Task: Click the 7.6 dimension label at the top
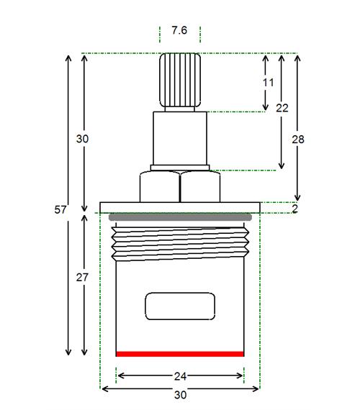[179, 30]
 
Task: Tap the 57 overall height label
[60, 210]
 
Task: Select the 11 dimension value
[268, 83]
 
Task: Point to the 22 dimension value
[282, 108]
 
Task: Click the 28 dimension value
[298, 140]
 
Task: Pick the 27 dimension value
[82, 278]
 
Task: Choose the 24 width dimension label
[180, 376]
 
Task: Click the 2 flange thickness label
[294, 209]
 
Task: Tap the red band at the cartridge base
[180, 354]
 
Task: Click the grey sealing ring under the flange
[180, 217]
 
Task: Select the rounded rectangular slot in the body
[180, 306]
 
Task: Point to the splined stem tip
[180, 80]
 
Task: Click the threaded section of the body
[180, 244]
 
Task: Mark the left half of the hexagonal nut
[160, 186]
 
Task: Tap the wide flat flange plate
[180, 207]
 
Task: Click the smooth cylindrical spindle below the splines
[180, 138]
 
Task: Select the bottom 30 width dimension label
[180, 395]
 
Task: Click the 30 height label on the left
[82, 139]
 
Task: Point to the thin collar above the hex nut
[180, 168]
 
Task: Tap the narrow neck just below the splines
[179, 109]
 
